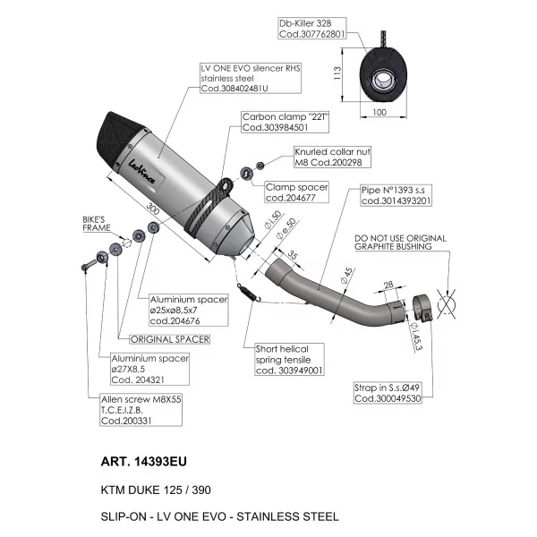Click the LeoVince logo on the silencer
tap(141, 172)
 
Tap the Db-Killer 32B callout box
tap(312, 29)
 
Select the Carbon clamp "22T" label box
tap(285, 122)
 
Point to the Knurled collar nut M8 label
tap(332, 157)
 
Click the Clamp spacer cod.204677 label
tap(296, 192)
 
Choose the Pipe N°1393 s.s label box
tap(396, 195)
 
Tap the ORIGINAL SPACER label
tap(170, 339)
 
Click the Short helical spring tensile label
tap(289, 360)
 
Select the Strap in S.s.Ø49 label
tap(388, 393)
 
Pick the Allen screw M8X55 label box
tap(141, 410)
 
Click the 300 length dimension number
tap(152, 209)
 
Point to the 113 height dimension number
tap(337, 73)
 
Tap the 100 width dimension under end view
tap(379, 112)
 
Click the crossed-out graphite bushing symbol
tap(447, 304)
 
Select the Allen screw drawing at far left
tap(89, 265)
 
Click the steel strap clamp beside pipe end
tap(422, 308)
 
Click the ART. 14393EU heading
tap(143, 461)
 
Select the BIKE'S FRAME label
tap(97, 224)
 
